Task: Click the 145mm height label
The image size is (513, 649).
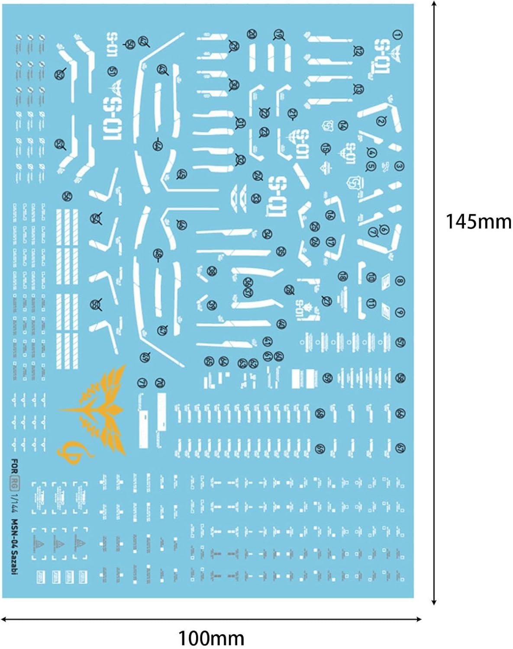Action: (478, 222)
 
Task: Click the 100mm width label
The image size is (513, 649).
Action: (211, 638)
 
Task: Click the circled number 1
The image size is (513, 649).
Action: (397, 35)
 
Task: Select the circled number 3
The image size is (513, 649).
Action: (399, 166)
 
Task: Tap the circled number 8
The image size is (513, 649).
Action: (399, 282)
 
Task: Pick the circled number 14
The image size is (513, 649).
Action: (343, 125)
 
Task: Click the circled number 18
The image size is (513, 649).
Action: (342, 276)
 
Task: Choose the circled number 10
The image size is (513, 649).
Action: (371, 277)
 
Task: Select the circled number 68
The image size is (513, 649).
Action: (320, 414)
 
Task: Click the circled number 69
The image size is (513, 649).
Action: (320, 448)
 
